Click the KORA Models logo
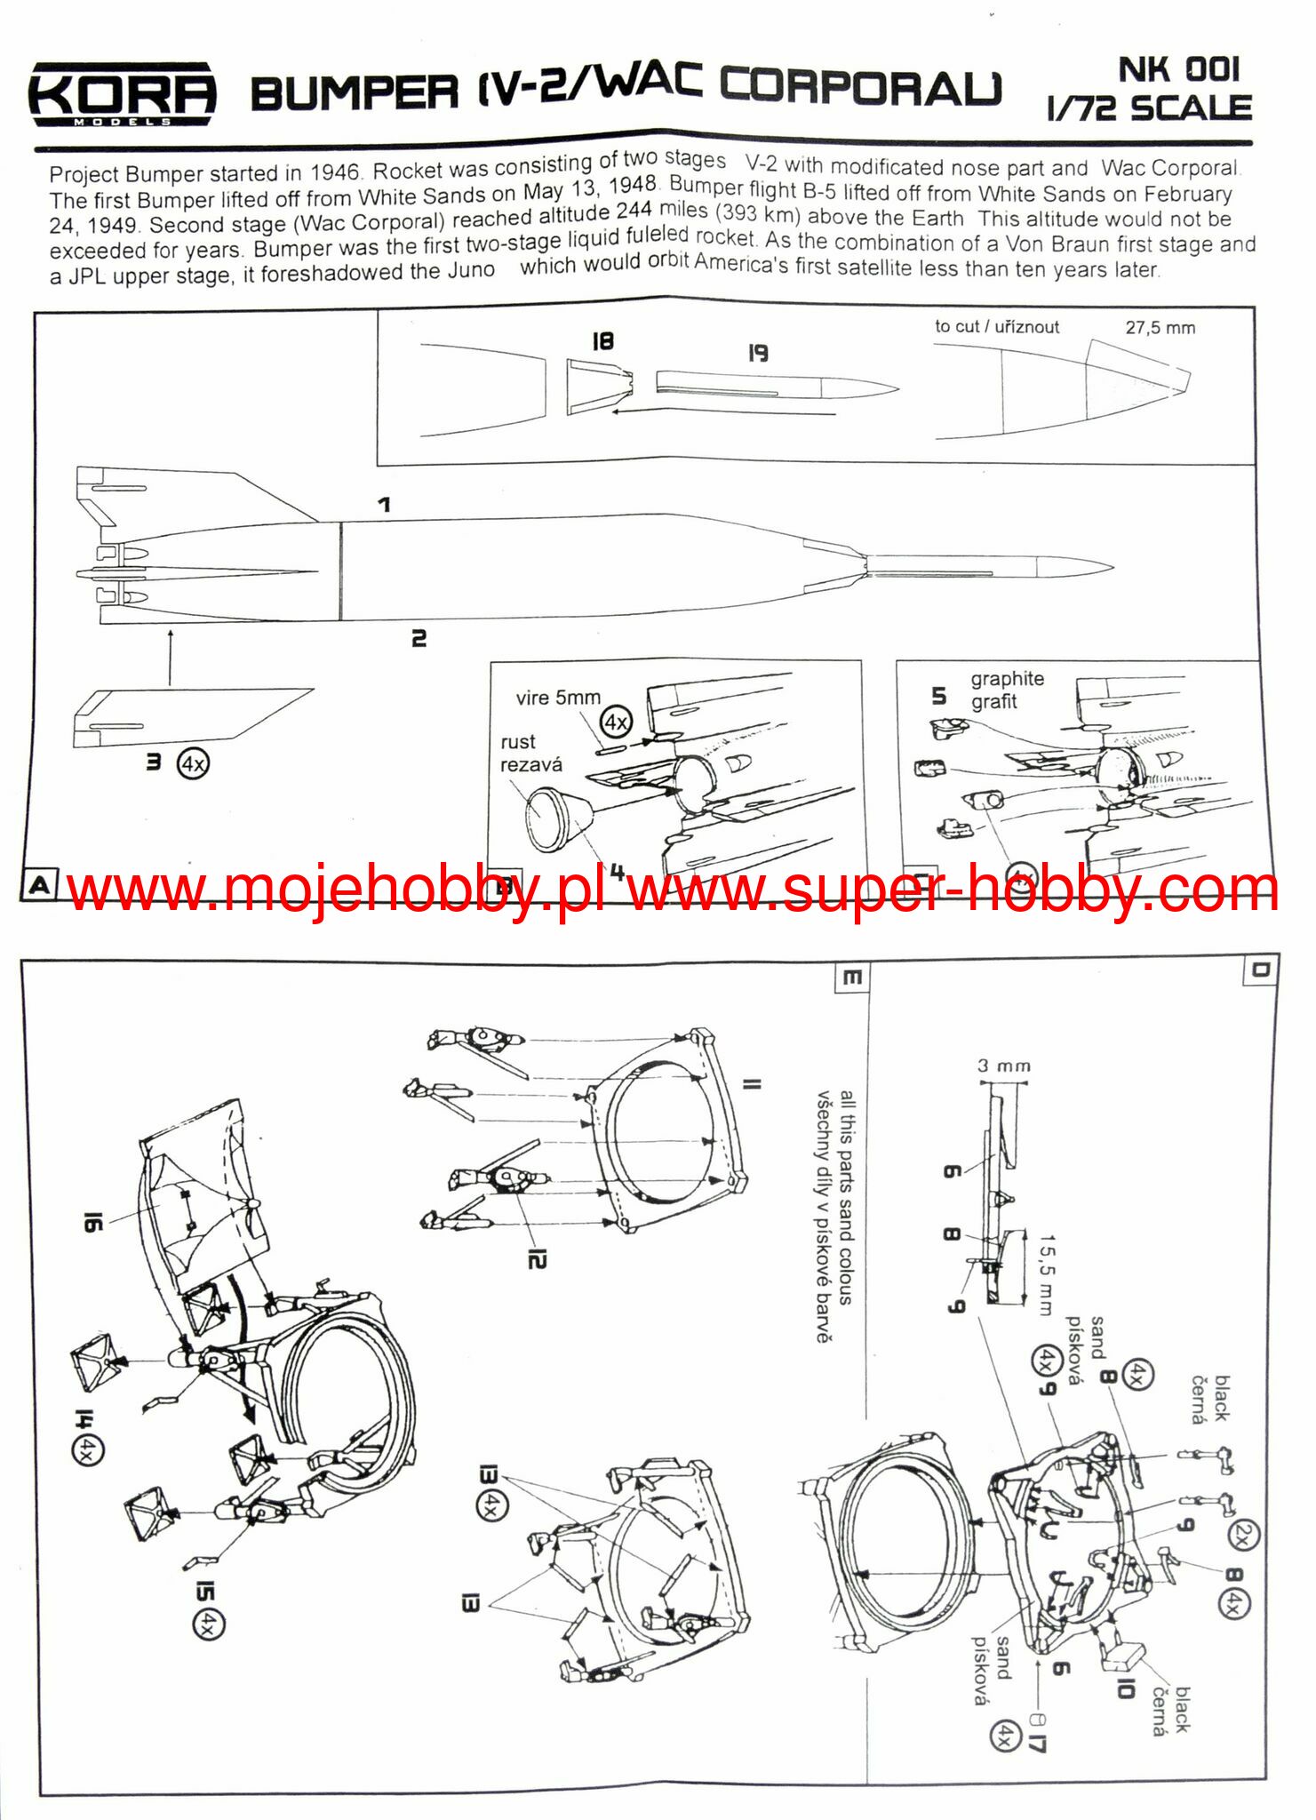point(122,93)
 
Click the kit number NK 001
point(1177,70)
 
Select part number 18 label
point(602,341)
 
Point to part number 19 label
point(757,353)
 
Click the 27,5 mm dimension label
point(1160,328)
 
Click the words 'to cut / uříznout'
point(996,327)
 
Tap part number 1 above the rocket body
point(384,505)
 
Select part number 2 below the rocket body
point(419,638)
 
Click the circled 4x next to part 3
point(193,763)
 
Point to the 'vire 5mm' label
point(558,698)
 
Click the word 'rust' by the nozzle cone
point(518,742)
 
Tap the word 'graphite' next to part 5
point(1007,679)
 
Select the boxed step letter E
point(850,978)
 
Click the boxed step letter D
point(1260,970)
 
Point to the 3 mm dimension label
point(1004,1066)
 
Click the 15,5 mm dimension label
point(1047,1273)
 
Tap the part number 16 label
point(92,1223)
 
